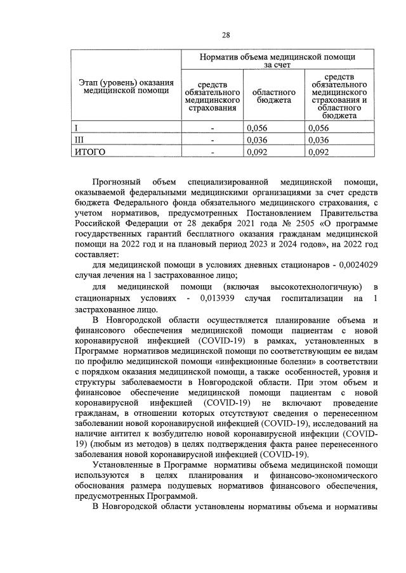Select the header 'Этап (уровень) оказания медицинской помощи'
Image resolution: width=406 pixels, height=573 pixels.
(126, 86)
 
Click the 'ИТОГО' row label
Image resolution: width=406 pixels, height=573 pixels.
(89, 151)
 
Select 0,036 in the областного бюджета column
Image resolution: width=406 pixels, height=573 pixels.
(257, 139)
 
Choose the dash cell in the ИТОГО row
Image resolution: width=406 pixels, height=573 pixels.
(212, 152)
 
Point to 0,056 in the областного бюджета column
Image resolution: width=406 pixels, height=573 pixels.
(257, 127)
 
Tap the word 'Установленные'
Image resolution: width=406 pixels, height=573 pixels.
(124, 467)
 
